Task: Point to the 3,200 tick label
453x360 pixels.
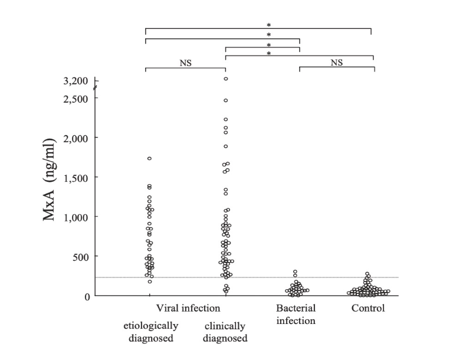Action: coord(77,80)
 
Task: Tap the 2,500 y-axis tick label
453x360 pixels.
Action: coord(77,98)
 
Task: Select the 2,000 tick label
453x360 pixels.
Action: coord(77,138)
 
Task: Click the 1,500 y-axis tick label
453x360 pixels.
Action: coord(77,177)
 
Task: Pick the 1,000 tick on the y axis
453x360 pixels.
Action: coord(77,217)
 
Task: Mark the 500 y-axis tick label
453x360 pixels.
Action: coord(81,256)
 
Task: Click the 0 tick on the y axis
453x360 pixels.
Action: coord(87,296)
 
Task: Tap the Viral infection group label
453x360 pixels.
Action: coord(188,308)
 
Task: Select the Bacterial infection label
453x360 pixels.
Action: coord(296,315)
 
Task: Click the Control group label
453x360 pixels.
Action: coord(368,308)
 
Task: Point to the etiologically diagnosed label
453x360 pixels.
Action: coord(150,332)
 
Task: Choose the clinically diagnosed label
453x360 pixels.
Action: coord(225,332)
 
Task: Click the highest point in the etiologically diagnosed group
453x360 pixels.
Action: coord(150,158)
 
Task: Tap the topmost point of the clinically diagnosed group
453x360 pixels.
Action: coord(226,78)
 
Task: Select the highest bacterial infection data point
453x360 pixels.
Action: coord(295,272)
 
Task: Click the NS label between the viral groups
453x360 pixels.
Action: coord(186,63)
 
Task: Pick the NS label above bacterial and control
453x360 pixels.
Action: coord(337,63)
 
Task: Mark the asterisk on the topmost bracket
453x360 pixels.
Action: coord(268,25)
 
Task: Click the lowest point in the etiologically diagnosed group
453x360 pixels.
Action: coord(150,282)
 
